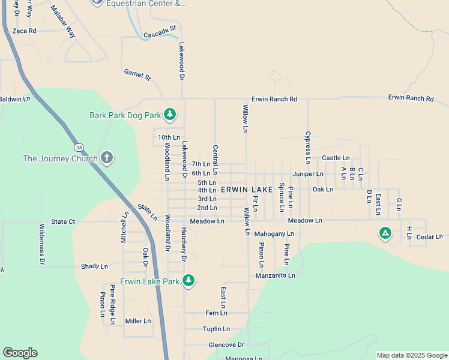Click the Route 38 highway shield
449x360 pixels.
click(x=79, y=147)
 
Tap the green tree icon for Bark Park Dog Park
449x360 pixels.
click(x=170, y=114)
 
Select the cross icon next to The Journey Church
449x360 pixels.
click(x=107, y=158)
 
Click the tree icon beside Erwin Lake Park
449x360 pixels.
click(x=188, y=280)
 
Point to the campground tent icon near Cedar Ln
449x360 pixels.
click(x=385, y=233)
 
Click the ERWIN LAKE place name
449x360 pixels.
click(x=246, y=190)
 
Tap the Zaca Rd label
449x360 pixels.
click(x=24, y=31)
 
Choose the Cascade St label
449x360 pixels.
click(x=160, y=32)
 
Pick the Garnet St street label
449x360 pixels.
click(x=137, y=74)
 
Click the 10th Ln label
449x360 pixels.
click(x=169, y=137)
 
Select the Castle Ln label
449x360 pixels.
click(x=331, y=158)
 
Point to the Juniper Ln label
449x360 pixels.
click(x=308, y=174)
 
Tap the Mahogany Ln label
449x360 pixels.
click(x=274, y=233)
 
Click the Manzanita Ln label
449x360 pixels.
click(x=275, y=275)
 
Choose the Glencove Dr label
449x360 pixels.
click(x=226, y=345)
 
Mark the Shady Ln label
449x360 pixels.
click(x=94, y=266)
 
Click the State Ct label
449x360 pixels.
click(x=63, y=221)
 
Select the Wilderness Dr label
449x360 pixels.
click(x=42, y=244)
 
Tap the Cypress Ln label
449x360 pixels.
click(x=308, y=147)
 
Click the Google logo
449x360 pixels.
click(x=20, y=353)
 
